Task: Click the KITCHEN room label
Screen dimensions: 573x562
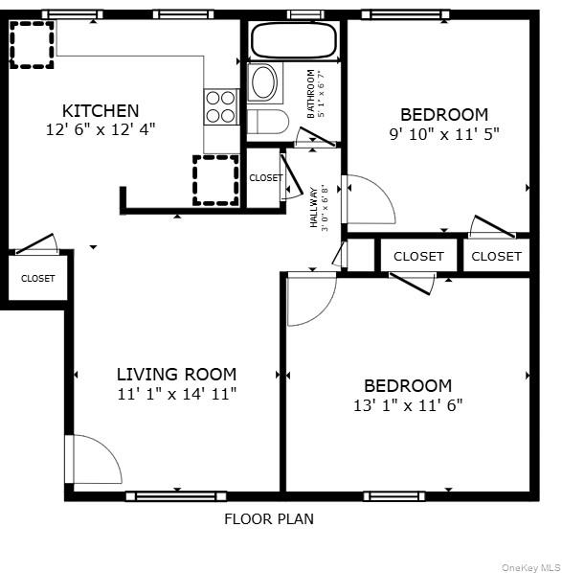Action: pyautogui.click(x=101, y=110)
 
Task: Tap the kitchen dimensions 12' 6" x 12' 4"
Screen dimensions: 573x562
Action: pyautogui.click(x=100, y=128)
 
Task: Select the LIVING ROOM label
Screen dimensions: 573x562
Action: pyautogui.click(x=176, y=374)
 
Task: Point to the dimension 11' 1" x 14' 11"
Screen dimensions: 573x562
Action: pyautogui.click(x=176, y=393)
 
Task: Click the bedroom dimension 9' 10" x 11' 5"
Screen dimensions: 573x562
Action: pyautogui.click(x=443, y=133)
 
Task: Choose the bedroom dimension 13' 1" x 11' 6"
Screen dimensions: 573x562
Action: pyautogui.click(x=408, y=404)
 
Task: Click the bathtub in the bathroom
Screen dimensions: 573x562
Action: pyautogui.click(x=293, y=41)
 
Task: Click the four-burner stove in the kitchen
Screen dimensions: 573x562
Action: pyautogui.click(x=221, y=105)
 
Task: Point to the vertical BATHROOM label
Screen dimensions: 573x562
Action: pyautogui.click(x=310, y=94)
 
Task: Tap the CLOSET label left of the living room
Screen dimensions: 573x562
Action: pyautogui.click(x=38, y=279)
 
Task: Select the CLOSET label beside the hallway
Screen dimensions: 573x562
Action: pyautogui.click(x=264, y=178)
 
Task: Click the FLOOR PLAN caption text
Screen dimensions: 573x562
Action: pyautogui.click(x=268, y=519)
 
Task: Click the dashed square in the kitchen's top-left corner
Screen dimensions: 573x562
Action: pyautogui.click(x=33, y=45)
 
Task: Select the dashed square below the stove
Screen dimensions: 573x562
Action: pyautogui.click(x=214, y=179)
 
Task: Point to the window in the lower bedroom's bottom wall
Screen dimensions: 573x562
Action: pyautogui.click(x=394, y=495)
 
